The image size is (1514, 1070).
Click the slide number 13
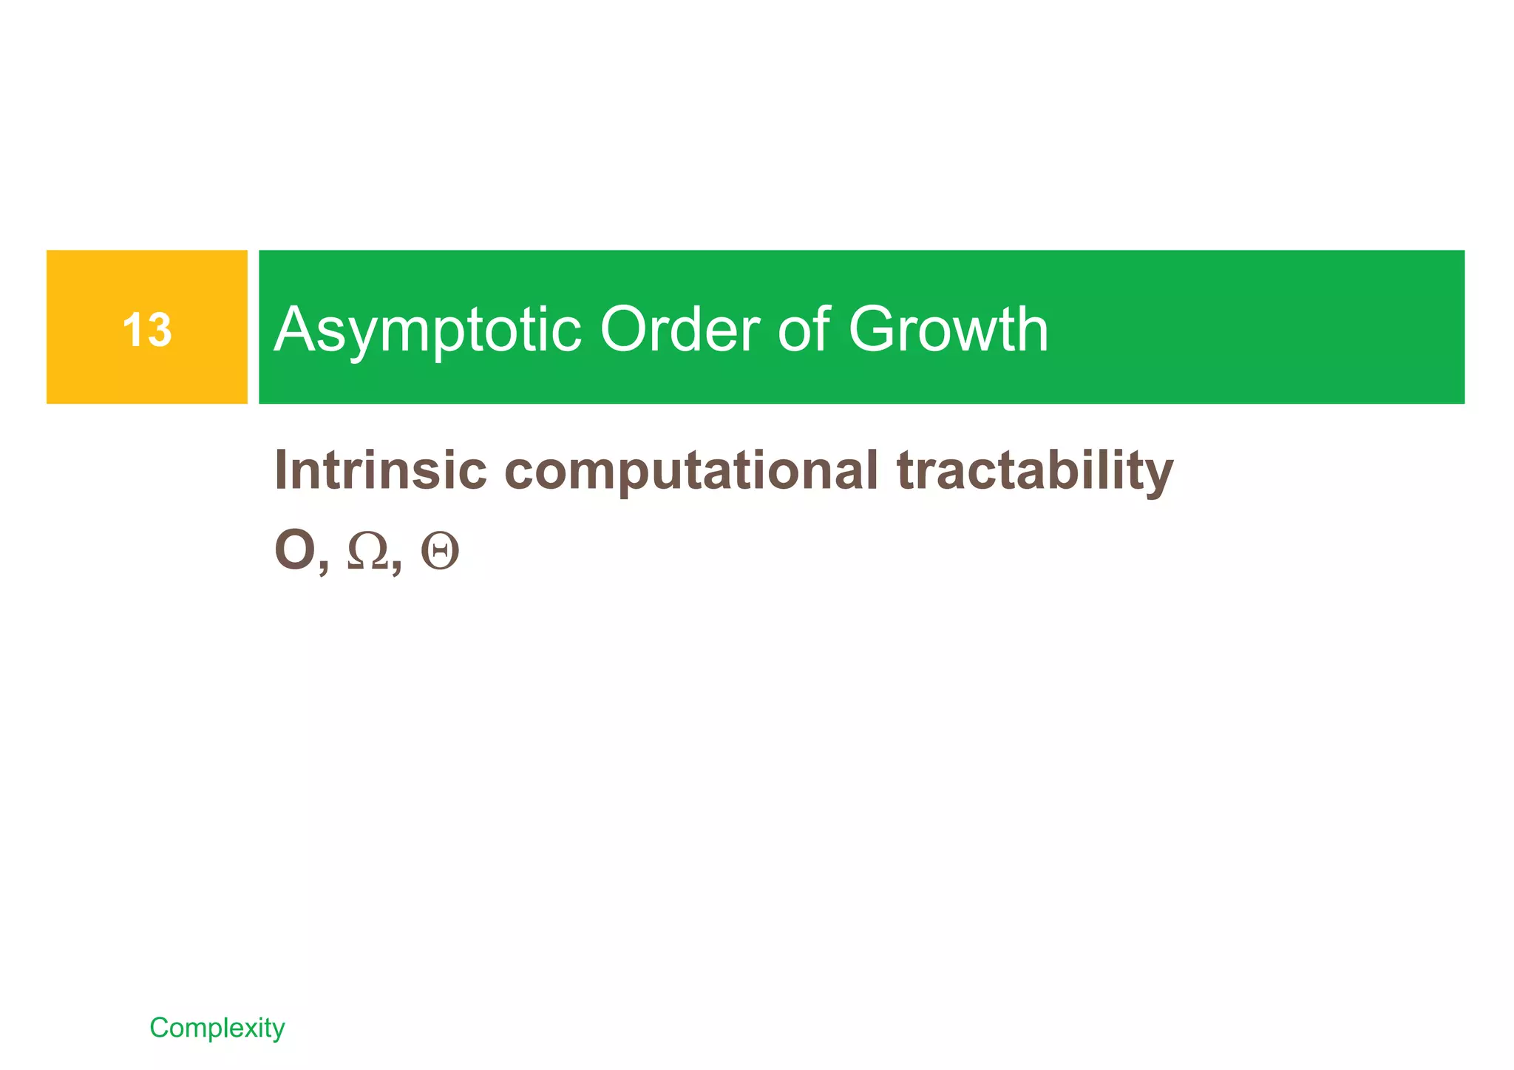point(147,330)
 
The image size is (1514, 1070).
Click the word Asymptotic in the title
point(427,330)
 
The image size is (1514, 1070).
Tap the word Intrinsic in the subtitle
point(381,470)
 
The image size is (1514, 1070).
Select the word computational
point(691,472)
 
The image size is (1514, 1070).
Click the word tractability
point(1035,472)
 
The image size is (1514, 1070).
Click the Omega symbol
point(367,552)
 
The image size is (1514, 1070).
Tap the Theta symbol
point(440,552)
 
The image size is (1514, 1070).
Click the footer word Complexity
point(217,1028)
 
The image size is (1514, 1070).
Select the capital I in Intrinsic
point(281,470)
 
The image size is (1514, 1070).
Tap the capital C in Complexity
point(159,1027)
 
